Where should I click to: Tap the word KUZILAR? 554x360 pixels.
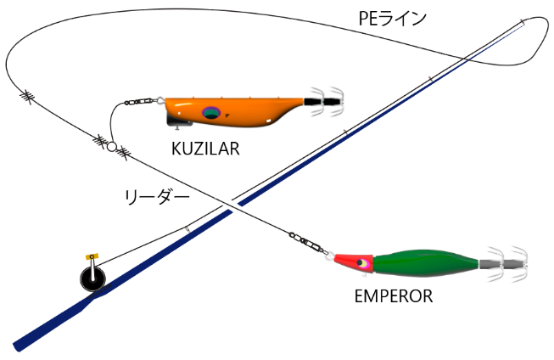(206, 149)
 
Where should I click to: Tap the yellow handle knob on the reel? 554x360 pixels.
(92, 256)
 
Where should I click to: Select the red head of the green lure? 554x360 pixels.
(355, 263)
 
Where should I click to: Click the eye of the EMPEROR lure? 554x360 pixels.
(364, 265)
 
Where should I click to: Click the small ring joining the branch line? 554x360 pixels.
(111, 146)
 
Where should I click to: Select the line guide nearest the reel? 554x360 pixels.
(187, 228)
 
